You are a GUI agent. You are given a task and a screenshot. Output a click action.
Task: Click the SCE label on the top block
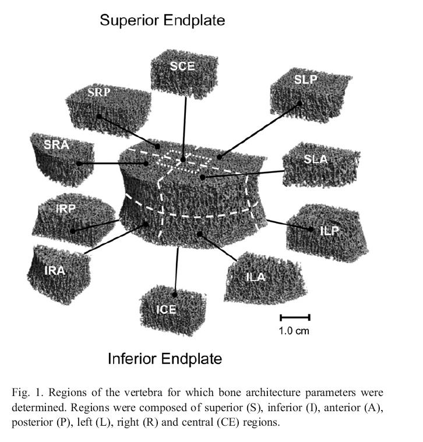point(182,66)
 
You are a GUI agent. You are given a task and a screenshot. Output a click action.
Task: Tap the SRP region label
point(99,93)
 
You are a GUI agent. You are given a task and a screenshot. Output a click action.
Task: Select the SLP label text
point(305,80)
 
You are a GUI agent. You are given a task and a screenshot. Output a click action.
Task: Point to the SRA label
point(57,145)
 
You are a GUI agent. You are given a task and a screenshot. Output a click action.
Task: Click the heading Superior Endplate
point(163,20)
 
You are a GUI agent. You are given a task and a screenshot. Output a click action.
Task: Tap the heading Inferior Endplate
point(165,359)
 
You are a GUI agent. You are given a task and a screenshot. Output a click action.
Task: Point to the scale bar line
point(295,317)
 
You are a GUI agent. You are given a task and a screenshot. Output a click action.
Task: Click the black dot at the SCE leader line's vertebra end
point(183,158)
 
